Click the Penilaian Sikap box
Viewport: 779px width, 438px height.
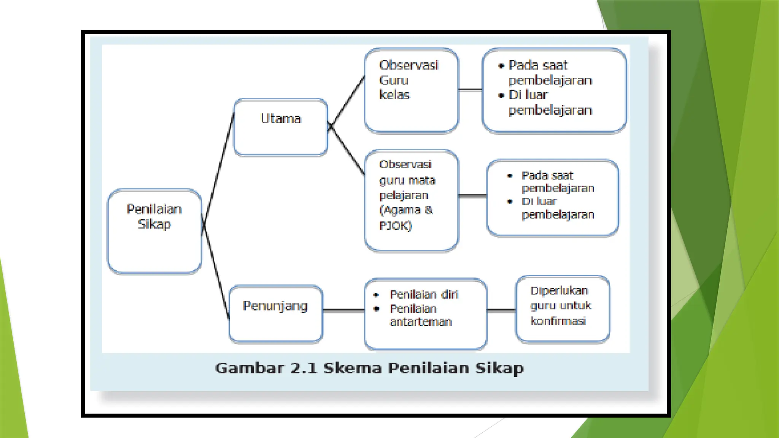tap(154, 231)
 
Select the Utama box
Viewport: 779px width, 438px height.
tap(281, 127)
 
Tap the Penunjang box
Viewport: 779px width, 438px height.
tap(276, 314)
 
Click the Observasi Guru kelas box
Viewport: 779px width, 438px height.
tap(411, 90)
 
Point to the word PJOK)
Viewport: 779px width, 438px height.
tap(396, 226)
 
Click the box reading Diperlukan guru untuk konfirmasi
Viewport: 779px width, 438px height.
tap(563, 309)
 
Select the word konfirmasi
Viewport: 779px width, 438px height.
tap(558, 321)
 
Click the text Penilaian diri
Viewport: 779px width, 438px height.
tap(424, 294)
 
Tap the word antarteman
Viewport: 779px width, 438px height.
tap(421, 322)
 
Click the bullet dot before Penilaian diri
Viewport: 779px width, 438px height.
tap(376, 295)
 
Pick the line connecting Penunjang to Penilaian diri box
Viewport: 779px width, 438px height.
tap(343, 310)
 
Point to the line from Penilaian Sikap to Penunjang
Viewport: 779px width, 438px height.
tap(216, 272)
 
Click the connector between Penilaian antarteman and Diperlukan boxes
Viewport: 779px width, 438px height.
tap(501, 310)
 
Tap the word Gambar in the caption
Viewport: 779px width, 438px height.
tap(250, 368)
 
